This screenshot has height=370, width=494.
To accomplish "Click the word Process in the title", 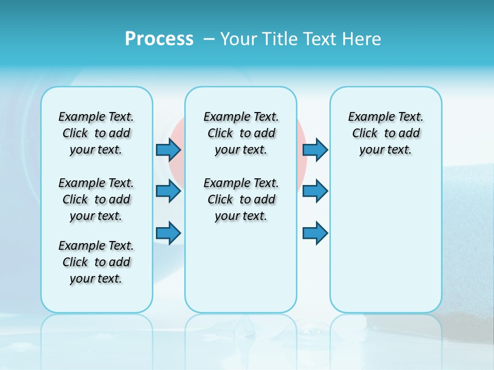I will [x=159, y=39].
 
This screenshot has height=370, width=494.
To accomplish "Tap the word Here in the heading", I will [x=362, y=39].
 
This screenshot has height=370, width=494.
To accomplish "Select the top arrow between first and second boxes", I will [x=168, y=150].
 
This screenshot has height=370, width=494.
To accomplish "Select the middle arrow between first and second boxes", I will [x=168, y=191].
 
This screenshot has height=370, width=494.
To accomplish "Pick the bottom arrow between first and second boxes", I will [x=168, y=233].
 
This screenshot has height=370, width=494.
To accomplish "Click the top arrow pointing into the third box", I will [x=315, y=150].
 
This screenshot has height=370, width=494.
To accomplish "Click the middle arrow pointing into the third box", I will [x=315, y=191].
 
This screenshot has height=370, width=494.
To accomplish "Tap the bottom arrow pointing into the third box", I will [x=315, y=233].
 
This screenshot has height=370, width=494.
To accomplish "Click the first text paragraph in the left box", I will [x=96, y=133].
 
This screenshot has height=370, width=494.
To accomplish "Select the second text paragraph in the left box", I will [x=96, y=199].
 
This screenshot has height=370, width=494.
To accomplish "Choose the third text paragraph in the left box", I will [x=96, y=262].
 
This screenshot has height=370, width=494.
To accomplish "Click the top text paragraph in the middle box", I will [x=241, y=133].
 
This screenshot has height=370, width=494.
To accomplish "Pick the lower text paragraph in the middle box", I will [x=241, y=199].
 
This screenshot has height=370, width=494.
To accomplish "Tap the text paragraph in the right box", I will [x=385, y=133].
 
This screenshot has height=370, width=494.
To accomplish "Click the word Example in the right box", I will [x=367, y=117].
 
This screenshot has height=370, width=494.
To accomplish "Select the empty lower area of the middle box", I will [x=241, y=267].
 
